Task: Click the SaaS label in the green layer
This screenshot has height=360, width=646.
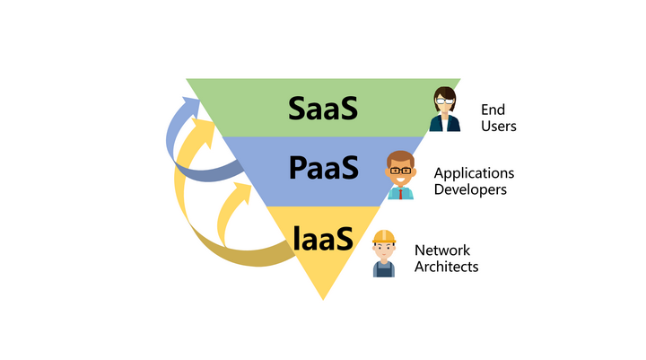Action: [x=323, y=108]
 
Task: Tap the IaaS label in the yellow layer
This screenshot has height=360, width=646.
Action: [x=322, y=238]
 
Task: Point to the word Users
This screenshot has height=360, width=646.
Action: [x=499, y=127]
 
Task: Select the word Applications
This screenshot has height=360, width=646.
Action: [x=474, y=174]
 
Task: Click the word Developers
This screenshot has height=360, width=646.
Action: [x=470, y=189]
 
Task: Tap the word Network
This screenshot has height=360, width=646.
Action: [x=442, y=250]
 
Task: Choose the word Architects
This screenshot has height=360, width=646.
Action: [x=446, y=267]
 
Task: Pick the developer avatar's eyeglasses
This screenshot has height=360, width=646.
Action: [x=401, y=170]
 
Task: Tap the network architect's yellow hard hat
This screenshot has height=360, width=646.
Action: [x=384, y=237]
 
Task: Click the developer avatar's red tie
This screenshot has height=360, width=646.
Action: [x=401, y=192]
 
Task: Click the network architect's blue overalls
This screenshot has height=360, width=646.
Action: [x=384, y=268]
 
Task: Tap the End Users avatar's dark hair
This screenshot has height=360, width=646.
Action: [x=444, y=93]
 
